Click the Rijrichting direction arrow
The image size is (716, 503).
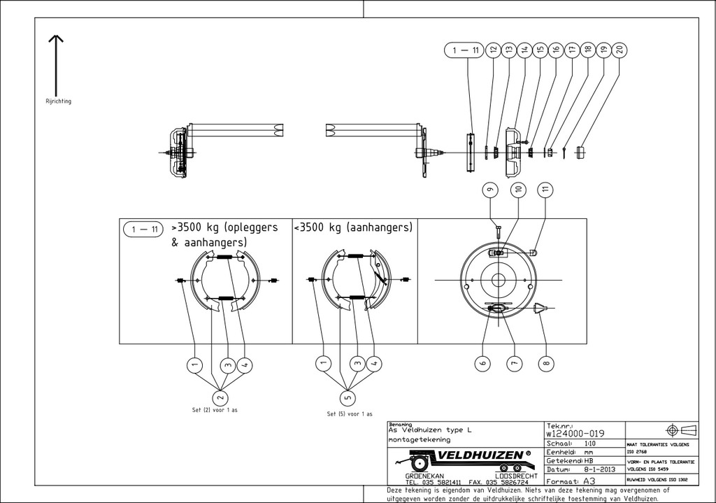click(x=57, y=63)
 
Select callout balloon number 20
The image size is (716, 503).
click(x=619, y=50)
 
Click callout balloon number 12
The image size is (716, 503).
click(x=493, y=50)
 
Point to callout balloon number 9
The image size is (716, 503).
click(x=490, y=190)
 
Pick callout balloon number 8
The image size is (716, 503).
click(x=547, y=362)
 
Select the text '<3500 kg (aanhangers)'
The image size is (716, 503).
click(x=354, y=228)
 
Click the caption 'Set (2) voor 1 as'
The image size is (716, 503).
click(x=214, y=410)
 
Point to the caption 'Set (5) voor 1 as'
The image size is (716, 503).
click(x=349, y=413)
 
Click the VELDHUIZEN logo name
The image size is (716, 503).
click(x=483, y=456)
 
